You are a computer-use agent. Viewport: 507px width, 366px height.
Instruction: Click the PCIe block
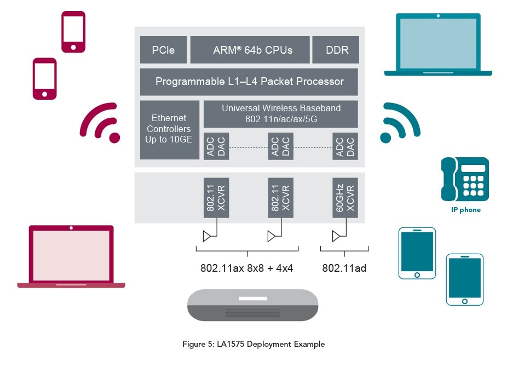(x=163, y=50)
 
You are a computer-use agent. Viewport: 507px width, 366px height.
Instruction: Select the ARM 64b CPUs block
(x=250, y=50)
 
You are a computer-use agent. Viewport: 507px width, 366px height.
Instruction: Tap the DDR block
(x=335, y=50)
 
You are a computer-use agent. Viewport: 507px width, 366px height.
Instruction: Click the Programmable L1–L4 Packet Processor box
(x=249, y=82)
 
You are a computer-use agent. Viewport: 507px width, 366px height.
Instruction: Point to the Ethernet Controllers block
(x=169, y=129)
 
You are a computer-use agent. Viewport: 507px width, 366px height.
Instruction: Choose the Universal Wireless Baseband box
(x=280, y=113)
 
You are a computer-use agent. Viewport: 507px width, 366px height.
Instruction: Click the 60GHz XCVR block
(x=345, y=197)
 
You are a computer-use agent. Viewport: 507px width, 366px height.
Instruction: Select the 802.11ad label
(x=344, y=268)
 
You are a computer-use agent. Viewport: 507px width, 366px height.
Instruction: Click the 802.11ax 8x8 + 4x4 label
(x=247, y=268)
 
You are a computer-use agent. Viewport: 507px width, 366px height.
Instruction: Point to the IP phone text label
(x=465, y=210)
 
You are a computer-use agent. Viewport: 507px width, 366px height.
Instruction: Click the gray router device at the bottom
(x=252, y=305)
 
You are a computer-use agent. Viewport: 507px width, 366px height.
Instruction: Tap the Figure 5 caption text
(x=253, y=344)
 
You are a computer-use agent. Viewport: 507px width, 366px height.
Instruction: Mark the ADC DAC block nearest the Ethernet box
(x=216, y=146)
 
